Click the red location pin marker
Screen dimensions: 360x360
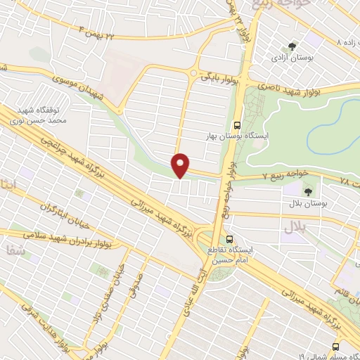click(x=181, y=165)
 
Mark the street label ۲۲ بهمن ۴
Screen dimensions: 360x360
click(x=105, y=33)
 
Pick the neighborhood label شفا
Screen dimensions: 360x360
click(x=14, y=248)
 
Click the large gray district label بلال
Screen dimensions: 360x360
click(x=294, y=226)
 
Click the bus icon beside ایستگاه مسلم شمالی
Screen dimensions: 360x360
click(x=334, y=347)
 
